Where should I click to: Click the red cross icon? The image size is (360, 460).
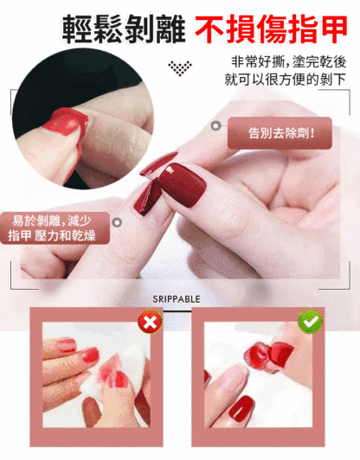pos(150,322)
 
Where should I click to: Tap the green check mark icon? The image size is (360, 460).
pos(310,322)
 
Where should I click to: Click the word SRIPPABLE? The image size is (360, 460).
pos(177,299)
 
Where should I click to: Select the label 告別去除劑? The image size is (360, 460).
pos(280,133)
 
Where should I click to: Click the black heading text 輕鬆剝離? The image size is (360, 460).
pos(124,29)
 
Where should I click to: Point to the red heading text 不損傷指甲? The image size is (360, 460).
pos(271,29)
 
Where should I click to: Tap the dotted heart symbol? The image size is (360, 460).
pos(180,68)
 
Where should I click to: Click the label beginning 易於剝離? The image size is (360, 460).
pos(55,228)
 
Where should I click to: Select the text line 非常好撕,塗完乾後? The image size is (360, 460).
pos(289,62)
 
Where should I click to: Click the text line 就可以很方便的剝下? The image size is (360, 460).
pos(286,80)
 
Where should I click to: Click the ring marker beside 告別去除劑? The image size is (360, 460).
pos(215,126)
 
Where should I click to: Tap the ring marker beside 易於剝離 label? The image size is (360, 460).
pos(117,222)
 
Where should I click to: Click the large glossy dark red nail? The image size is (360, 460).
pos(183,184)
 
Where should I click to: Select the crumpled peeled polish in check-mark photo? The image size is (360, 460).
pos(268,356)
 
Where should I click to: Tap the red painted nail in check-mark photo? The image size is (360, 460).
pos(241,409)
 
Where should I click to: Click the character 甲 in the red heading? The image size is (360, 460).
pos(333,29)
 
